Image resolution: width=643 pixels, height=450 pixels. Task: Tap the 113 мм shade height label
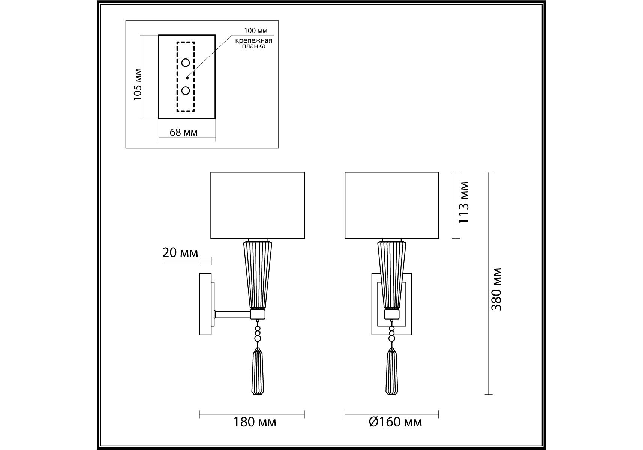[464, 202]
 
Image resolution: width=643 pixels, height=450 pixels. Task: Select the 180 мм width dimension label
[255, 423]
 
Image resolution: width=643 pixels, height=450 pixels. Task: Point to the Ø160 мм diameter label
[395, 423]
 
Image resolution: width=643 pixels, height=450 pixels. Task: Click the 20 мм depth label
[180, 253]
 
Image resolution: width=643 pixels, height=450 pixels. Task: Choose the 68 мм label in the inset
[184, 132]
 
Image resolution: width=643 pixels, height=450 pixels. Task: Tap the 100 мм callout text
[256, 31]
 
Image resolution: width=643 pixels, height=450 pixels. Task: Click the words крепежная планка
[254, 43]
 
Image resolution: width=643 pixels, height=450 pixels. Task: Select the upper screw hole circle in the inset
[186, 63]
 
